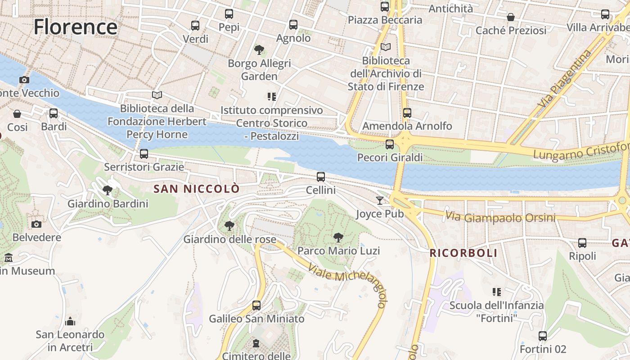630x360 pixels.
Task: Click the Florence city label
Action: pos(75,27)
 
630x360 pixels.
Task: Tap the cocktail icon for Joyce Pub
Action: pos(380,200)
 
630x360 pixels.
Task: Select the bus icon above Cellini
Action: pos(321,177)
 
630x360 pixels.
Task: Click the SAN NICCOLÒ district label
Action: pos(197,189)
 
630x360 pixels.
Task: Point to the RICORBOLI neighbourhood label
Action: pos(463,253)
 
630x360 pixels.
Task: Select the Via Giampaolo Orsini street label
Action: pos(499,217)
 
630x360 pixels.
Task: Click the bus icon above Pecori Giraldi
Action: pos(390,144)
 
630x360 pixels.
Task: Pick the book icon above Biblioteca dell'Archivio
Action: pos(386,47)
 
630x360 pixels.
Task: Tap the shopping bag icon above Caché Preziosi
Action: pos(511,17)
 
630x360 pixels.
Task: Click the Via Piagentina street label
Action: pos(565,79)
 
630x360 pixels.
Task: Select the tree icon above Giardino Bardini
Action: pos(108,190)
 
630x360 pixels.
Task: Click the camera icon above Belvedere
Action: pos(36,224)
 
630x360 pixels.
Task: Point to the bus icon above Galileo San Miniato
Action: pos(256,306)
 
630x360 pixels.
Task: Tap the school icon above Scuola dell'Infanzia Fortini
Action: pos(497,292)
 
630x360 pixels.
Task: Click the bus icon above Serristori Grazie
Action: pos(144,154)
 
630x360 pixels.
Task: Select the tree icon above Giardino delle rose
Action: pos(229,226)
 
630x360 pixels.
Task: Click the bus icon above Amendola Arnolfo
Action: pos(407,113)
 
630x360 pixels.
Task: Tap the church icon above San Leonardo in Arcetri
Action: pos(70,321)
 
